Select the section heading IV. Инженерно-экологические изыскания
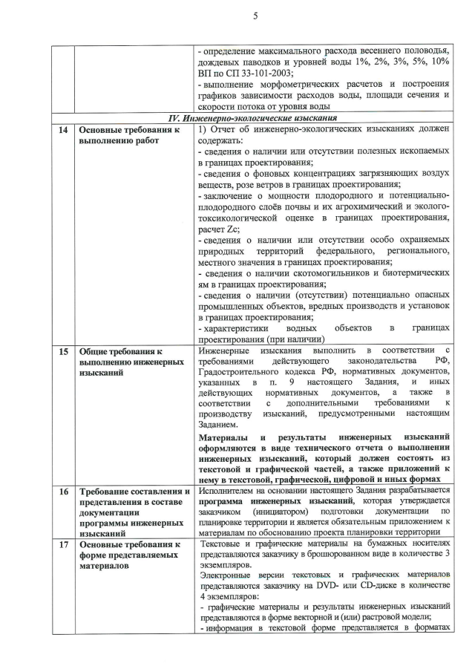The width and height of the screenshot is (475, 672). [254, 118]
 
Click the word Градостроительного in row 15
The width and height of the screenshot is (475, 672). [244, 374]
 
